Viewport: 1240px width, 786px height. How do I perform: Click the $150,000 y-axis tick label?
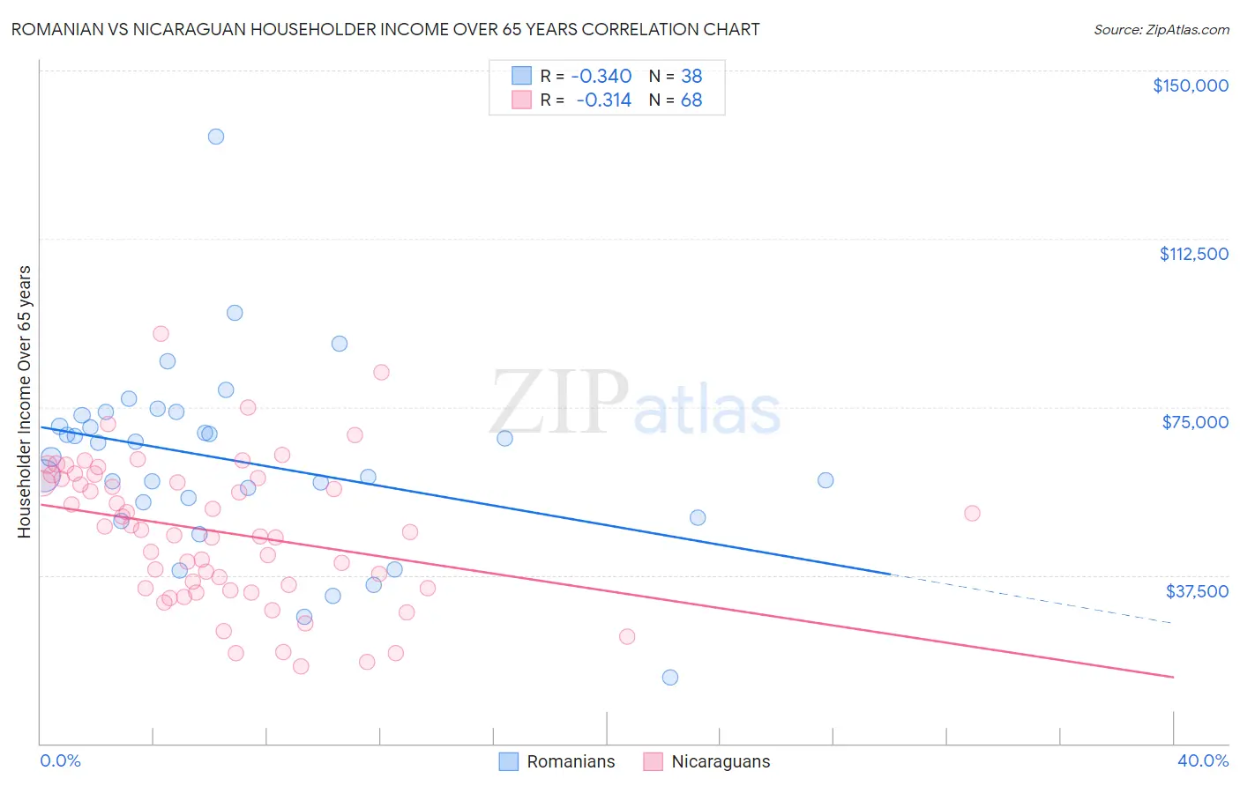1190,85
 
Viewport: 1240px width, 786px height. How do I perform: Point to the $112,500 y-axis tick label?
1193,254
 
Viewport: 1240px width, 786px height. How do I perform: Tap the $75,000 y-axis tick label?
1195,422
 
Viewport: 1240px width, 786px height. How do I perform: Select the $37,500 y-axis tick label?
1197,590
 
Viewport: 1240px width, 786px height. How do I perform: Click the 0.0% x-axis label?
60,760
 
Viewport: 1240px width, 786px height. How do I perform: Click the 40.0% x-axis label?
1202,760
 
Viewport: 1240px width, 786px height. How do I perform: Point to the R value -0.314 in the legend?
604,100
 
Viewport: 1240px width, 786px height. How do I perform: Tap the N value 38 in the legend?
691,76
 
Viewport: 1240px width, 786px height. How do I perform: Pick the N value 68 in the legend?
691,100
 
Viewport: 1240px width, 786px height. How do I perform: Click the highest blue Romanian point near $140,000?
216,137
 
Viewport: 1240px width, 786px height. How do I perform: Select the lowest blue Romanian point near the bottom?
670,678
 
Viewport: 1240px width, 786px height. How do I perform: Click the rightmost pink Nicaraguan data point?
972,513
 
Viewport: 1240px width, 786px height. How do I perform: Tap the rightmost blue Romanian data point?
825,480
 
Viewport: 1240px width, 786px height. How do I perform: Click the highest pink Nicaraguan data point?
161,334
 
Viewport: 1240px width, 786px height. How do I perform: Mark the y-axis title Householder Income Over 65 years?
25,402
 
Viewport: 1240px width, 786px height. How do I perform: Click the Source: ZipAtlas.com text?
1161,30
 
